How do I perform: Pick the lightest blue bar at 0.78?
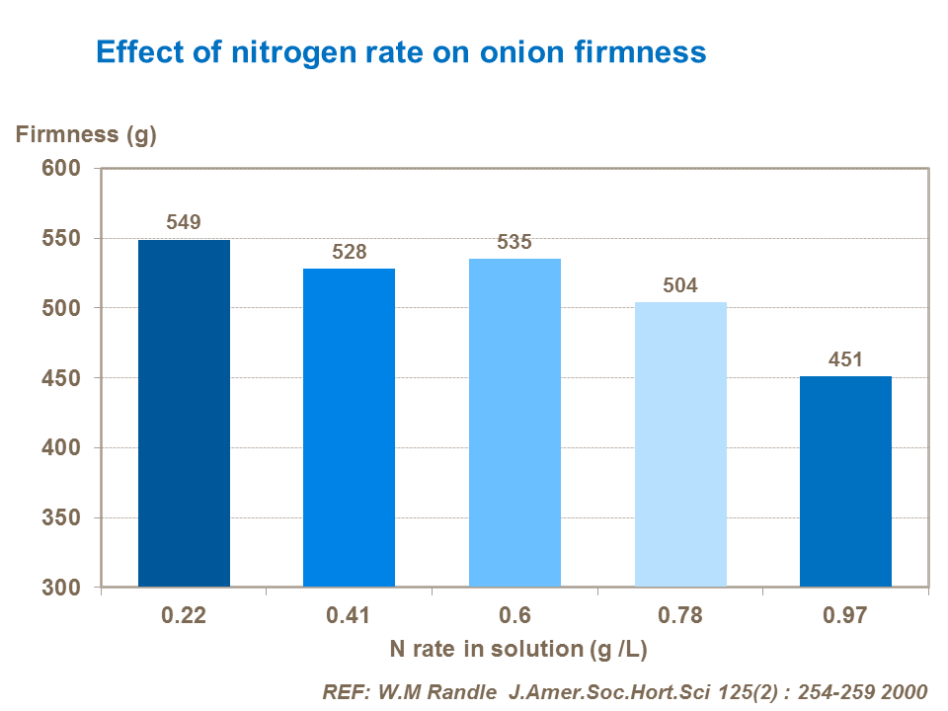click(680, 444)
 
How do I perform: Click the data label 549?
click(184, 222)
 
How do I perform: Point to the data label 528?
click(349, 252)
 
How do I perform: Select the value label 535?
click(514, 242)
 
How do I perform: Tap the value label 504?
click(680, 285)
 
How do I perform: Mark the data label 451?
click(845, 359)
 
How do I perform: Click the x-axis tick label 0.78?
click(680, 616)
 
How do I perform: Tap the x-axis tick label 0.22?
click(184, 616)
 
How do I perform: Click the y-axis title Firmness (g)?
click(86, 135)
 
